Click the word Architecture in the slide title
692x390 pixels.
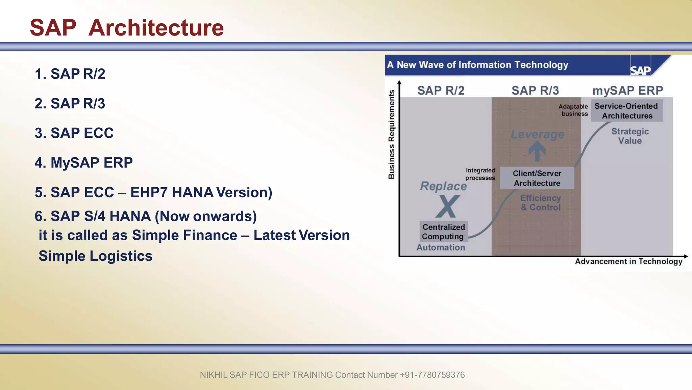[x=156, y=28]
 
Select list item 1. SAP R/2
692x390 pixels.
[x=70, y=74]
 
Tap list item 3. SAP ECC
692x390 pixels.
[x=74, y=133]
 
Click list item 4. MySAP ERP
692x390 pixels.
[x=83, y=163]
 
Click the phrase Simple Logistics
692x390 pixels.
[x=95, y=256]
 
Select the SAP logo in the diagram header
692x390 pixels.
[x=640, y=70]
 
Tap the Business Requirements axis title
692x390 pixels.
[x=391, y=134]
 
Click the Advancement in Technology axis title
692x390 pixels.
[x=628, y=261]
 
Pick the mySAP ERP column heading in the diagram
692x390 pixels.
[x=627, y=90]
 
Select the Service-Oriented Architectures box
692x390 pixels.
[x=627, y=111]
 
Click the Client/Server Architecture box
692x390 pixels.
[x=537, y=178]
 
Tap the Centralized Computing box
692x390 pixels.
[x=444, y=232]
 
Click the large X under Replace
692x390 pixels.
[x=447, y=206]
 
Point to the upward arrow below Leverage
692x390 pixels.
[x=537, y=151]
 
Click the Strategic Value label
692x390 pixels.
[x=630, y=136]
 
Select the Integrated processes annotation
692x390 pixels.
[x=480, y=174]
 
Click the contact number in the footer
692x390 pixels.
[x=432, y=375]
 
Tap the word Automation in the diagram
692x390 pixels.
[x=441, y=247]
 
